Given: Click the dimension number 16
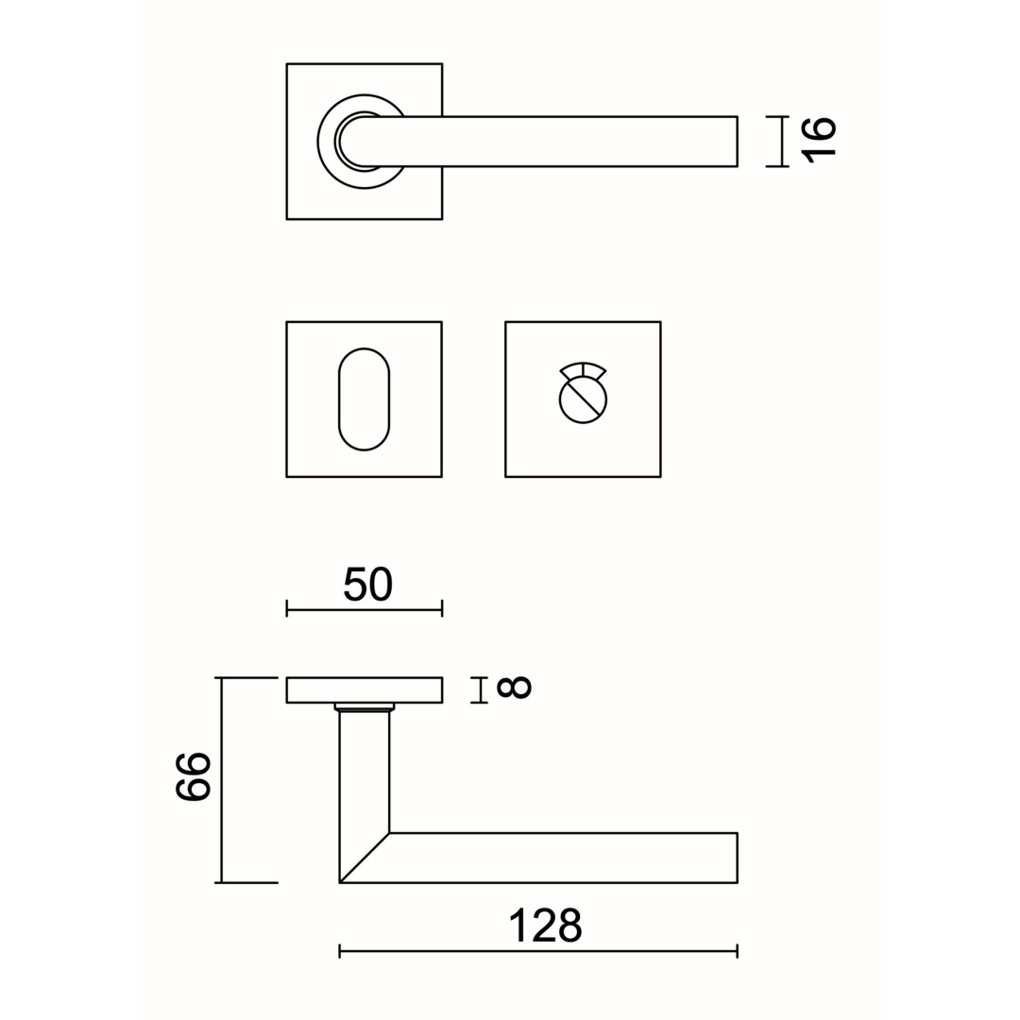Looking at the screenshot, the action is (x=818, y=141).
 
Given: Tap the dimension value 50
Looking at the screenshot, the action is (x=367, y=585).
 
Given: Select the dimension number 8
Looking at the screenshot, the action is (x=514, y=688).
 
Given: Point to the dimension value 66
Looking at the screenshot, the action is (x=194, y=776).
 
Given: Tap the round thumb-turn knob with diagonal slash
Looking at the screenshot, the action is (x=583, y=399).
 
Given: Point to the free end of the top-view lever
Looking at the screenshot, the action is (x=737, y=141).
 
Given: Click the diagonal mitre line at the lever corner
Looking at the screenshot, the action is (x=365, y=858).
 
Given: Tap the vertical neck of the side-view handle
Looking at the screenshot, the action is (x=365, y=774).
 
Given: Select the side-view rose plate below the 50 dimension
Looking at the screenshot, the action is (x=365, y=690).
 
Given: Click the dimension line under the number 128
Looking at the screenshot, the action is (x=538, y=951).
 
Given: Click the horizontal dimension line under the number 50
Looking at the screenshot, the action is (x=365, y=609).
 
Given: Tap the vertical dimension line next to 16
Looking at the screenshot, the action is (x=777, y=141).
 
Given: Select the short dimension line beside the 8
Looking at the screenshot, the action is (x=480, y=690).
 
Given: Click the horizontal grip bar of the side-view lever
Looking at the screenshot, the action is (x=563, y=858).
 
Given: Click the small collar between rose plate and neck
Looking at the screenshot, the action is (x=365, y=707).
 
